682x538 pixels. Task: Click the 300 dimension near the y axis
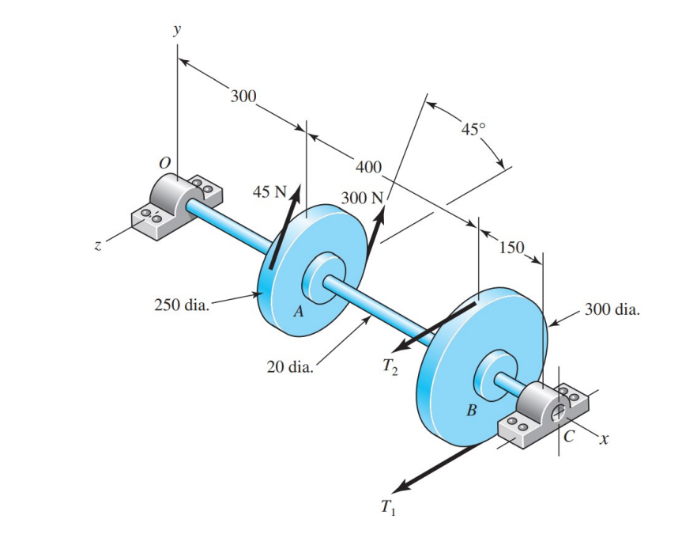243,97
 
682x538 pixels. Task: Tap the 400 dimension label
368,167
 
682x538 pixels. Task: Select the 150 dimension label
512,247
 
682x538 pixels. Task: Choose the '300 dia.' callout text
612,309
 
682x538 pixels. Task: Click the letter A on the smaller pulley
298,311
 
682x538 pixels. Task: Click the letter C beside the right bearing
571,435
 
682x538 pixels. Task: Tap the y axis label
177,30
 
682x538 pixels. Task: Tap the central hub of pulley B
495,377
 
